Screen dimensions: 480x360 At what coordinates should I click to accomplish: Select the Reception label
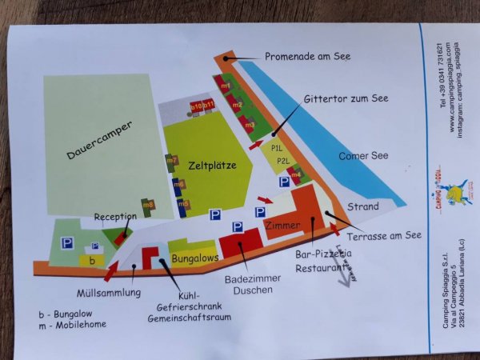coord(115,217)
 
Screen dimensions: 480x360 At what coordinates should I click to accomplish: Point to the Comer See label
coord(363,155)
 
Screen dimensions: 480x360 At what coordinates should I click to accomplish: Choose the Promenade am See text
coord(308,56)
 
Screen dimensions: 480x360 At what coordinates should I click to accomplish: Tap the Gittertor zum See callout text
coord(346,98)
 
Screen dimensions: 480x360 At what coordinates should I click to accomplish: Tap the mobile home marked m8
coord(148,206)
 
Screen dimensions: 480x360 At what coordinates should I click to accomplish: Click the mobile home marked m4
coord(295,174)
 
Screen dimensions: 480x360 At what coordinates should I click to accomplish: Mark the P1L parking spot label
coord(278,147)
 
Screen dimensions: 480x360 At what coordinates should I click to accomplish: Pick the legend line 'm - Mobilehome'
coord(77,324)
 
